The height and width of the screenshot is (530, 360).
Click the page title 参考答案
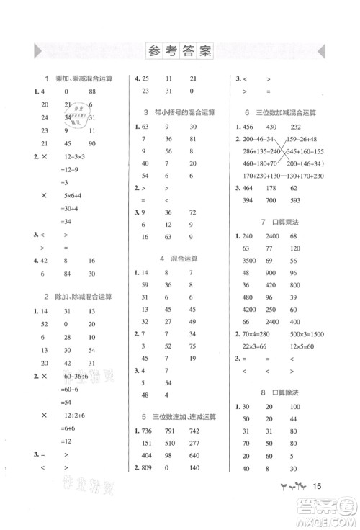pos(180,51)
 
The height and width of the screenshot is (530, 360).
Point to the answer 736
pos(145,431)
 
